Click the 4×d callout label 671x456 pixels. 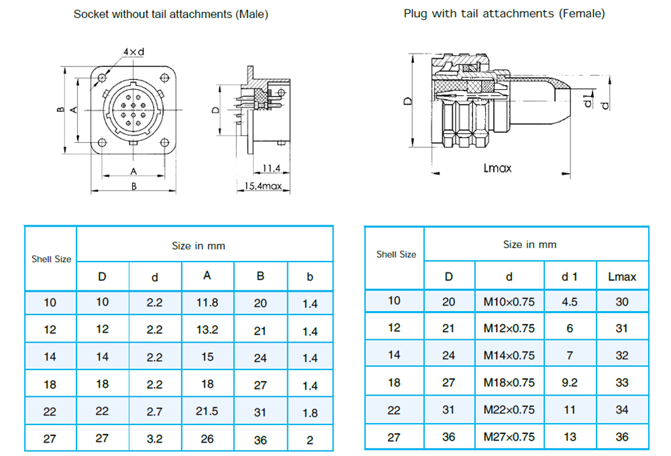point(134,52)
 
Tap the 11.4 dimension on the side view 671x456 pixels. point(271,168)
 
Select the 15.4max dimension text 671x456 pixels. point(262,186)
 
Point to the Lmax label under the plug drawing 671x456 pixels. point(497,168)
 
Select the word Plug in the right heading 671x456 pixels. point(416,13)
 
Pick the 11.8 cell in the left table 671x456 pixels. point(207,302)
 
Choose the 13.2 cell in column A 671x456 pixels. point(207,330)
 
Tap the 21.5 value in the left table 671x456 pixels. point(207,412)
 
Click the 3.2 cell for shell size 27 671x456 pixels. point(154,439)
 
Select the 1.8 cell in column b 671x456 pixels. point(309,412)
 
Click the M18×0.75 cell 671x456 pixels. point(509,382)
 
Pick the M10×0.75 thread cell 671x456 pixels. point(509,302)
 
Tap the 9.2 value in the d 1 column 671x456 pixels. point(569,382)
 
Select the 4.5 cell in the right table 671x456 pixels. point(569,302)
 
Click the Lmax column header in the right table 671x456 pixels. point(622,276)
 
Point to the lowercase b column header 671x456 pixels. point(309,276)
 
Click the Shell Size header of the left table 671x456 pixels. point(51,259)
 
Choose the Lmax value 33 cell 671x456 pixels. point(622,382)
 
